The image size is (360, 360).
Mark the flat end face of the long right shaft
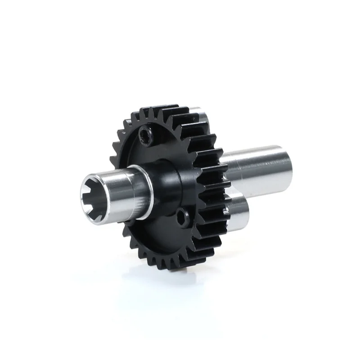(292, 165)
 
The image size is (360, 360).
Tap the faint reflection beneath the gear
(171, 288)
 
